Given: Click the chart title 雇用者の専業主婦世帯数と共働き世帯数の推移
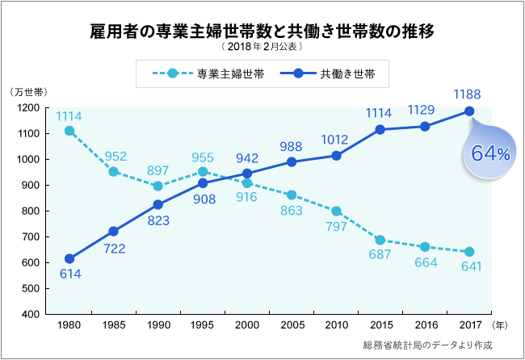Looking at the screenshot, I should pyautogui.click(x=262, y=31).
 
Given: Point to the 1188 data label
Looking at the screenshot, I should pyautogui.click(x=468, y=94).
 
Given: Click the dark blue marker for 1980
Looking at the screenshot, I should pyautogui.click(x=69, y=259).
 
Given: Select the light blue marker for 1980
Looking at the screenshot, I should pyautogui.click(x=69, y=131).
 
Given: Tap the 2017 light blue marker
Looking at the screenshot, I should pyautogui.click(x=469, y=252).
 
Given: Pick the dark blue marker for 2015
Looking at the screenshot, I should pyautogui.click(x=380, y=129).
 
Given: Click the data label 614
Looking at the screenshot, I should pyautogui.click(x=69, y=274).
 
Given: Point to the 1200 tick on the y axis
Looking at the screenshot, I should pyautogui.click(x=29, y=108).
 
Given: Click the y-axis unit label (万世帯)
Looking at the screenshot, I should pyautogui.click(x=30, y=92).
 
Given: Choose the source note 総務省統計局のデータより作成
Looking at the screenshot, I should pyautogui.click(x=427, y=345).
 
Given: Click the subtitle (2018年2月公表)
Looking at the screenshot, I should pyautogui.click(x=262, y=48).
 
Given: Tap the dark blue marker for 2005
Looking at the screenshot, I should pyautogui.click(x=292, y=161).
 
